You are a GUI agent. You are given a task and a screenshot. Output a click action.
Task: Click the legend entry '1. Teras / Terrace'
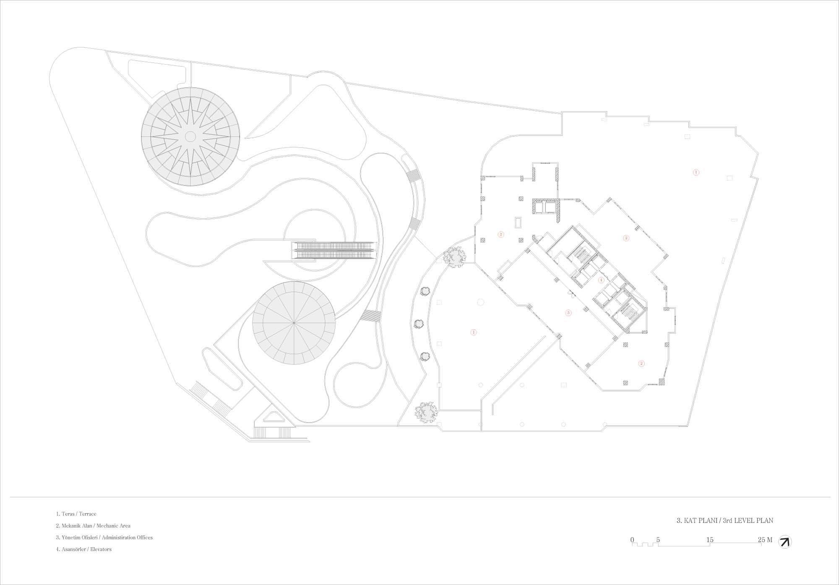(76, 514)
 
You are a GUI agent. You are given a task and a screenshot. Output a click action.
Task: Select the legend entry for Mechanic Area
(93, 525)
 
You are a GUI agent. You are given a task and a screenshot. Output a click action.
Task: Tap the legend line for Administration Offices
(104, 537)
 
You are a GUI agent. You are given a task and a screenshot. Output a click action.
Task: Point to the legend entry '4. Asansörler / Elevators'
(84, 549)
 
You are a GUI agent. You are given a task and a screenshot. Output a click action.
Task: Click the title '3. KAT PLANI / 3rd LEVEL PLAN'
(725, 520)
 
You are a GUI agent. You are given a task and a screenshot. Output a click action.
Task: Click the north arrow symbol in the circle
(784, 542)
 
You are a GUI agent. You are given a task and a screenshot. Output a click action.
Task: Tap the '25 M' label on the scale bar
(765, 540)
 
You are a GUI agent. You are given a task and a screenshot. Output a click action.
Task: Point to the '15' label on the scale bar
(710, 540)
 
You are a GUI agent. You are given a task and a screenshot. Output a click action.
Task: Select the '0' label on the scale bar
(632, 540)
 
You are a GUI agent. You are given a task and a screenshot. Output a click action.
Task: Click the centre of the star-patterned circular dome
(190, 136)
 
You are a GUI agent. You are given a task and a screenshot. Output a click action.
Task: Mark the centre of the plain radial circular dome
(294, 322)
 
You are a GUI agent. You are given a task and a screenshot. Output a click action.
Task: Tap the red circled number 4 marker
(601, 280)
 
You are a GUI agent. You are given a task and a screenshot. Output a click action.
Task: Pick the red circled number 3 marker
(568, 312)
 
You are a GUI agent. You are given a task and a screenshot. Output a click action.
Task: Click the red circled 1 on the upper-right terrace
(696, 172)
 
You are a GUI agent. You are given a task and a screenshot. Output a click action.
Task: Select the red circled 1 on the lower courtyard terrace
(474, 332)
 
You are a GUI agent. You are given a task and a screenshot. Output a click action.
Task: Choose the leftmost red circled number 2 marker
(500, 234)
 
